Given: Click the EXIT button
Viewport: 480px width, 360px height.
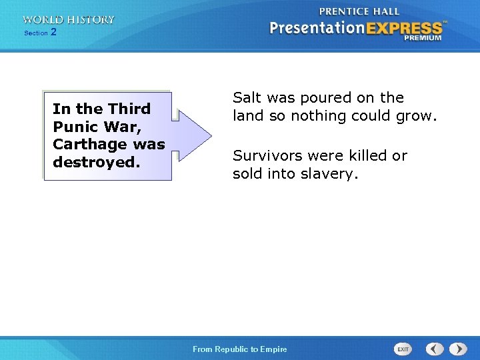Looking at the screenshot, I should point(403,349).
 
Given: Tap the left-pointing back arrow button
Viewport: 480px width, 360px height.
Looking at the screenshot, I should point(435,349).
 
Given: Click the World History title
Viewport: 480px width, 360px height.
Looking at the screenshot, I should point(68,20).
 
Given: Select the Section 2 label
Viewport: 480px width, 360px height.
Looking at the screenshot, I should point(40,33).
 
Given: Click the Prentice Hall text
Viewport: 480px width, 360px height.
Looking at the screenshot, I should point(359,11).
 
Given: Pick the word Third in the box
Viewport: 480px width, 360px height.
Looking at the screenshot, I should point(129,108).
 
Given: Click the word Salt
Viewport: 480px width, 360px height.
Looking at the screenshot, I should point(247,97).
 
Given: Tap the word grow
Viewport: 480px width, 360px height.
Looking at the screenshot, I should point(419,116).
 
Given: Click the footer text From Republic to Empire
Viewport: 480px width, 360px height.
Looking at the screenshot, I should point(239,349).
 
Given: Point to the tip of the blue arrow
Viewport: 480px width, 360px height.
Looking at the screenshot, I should point(211,135).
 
